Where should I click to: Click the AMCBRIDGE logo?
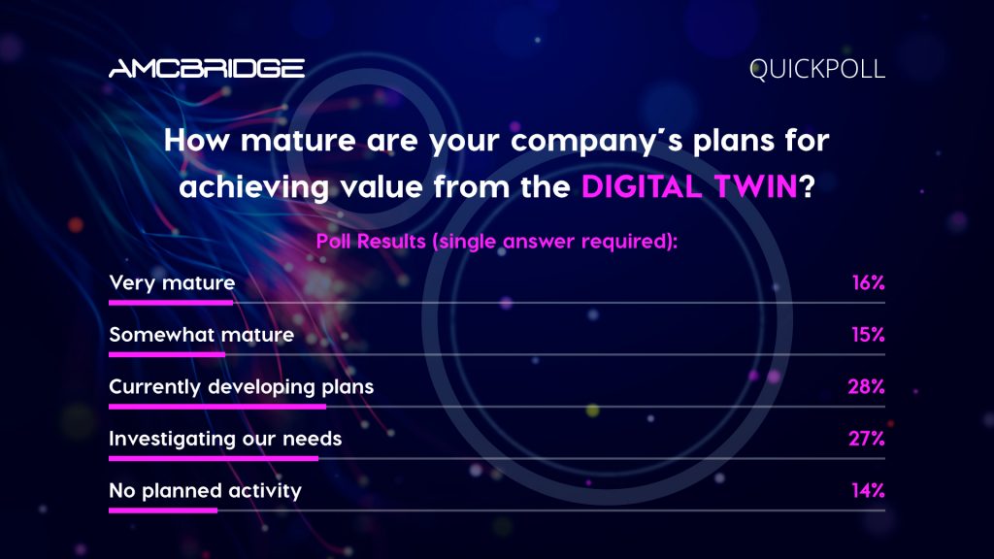click(x=207, y=69)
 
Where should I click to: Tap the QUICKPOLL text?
click(x=817, y=69)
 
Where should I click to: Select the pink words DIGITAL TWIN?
click(x=689, y=187)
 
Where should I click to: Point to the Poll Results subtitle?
click(x=497, y=242)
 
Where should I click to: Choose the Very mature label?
click(x=172, y=282)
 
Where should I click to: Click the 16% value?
click(x=869, y=282)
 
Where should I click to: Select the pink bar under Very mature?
click(x=171, y=303)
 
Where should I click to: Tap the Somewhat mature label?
click(x=202, y=334)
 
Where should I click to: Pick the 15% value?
click(x=869, y=334)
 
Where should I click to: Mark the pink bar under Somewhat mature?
click(x=167, y=355)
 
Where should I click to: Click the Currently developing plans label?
click(x=242, y=386)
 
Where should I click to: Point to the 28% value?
click(x=867, y=386)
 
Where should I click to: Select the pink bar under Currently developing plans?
click(x=217, y=407)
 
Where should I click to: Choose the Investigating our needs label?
click(x=225, y=439)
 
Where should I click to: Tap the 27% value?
click(x=867, y=439)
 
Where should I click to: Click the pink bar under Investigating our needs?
click(x=214, y=459)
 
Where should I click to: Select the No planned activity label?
click(x=206, y=490)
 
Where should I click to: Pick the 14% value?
click(x=869, y=490)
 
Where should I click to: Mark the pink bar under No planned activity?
click(x=163, y=510)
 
